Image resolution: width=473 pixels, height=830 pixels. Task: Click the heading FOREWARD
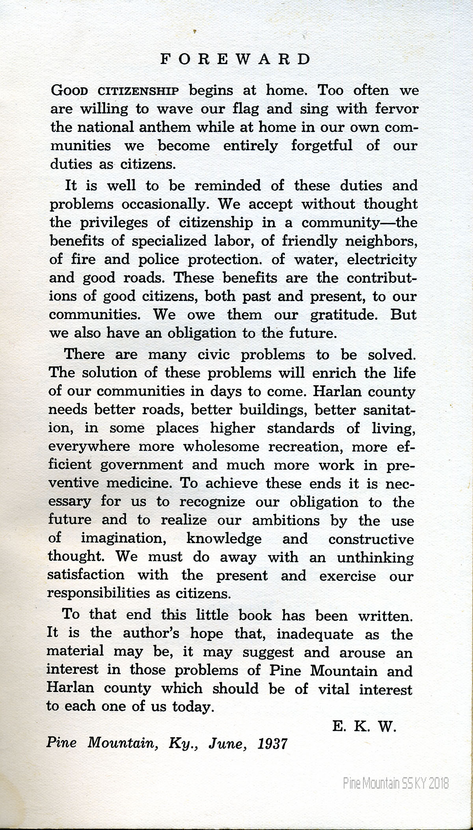tap(236, 59)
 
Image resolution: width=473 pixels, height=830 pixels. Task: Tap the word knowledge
tap(223, 538)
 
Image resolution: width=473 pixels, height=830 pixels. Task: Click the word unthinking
tap(375, 557)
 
